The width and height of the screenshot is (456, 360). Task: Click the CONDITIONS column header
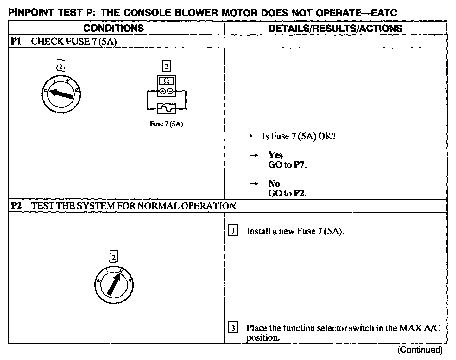(x=114, y=28)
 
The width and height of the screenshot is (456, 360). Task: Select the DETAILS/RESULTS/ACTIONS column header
(x=335, y=28)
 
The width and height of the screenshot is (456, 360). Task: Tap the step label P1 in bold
(x=16, y=42)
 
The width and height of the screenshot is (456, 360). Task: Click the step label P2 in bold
(x=16, y=206)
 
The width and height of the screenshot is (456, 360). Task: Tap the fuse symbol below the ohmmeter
(x=166, y=109)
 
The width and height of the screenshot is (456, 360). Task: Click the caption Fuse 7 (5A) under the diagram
(x=166, y=124)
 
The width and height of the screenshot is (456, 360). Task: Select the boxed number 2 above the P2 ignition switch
(x=114, y=256)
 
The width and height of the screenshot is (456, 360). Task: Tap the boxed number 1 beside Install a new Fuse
(x=233, y=231)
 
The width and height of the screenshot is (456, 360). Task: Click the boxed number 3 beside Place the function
(x=233, y=328)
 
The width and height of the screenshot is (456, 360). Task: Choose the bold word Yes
(x=275, y=155)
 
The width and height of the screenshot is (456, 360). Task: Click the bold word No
(x=274, y=183)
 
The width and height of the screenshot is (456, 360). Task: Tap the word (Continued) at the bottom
(x=419, y=350)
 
